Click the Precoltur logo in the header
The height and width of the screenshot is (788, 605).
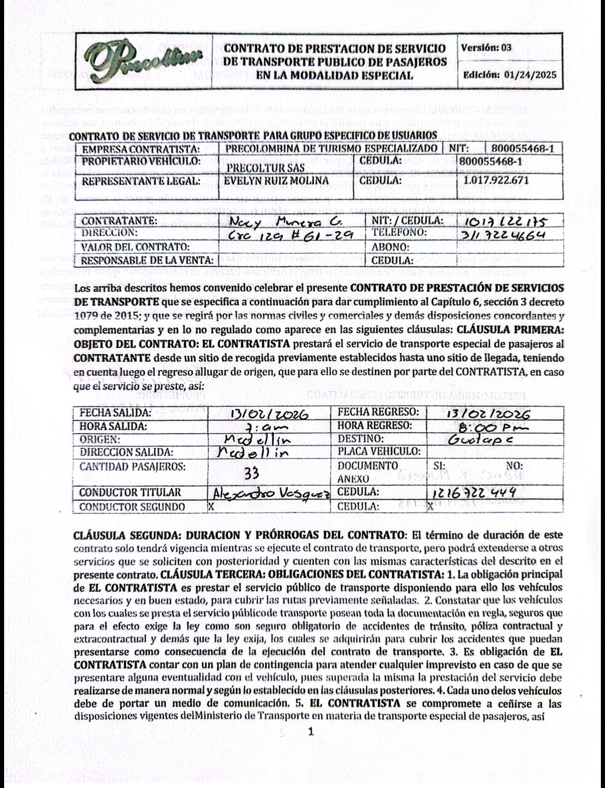[143, 61]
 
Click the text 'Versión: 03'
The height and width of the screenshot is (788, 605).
[486, 48]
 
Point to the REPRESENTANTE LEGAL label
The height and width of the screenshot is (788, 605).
[141, 181]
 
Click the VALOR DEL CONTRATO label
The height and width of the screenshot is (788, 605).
[135, 247]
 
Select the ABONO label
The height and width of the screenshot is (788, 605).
[390, 247]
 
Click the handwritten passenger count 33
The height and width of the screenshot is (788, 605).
[251, 474]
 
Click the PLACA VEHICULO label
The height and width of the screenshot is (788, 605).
[379, 451]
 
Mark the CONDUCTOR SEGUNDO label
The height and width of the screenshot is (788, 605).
[132, 507]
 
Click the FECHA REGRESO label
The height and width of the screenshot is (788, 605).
[378, 412]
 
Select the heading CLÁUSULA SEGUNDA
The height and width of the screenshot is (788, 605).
[139, 535]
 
